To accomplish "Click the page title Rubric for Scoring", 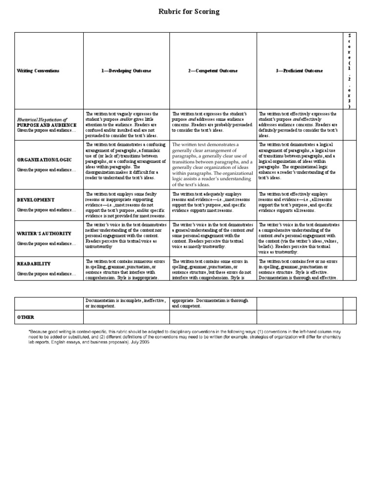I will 188,12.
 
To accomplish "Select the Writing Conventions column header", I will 38,71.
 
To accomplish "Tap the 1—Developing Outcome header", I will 126,71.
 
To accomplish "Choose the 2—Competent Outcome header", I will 213,71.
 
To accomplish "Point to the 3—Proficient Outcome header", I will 299,71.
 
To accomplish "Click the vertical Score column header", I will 349,71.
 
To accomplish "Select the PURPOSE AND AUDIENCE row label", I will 47,125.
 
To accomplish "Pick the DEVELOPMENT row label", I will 36,200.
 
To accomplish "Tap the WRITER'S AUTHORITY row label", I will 44,233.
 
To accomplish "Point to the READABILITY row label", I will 34,264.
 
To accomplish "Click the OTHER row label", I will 26,318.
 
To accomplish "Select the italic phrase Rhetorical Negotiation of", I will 42,119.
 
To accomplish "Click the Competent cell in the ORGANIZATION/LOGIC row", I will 213,165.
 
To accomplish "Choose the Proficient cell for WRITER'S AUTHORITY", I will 299,238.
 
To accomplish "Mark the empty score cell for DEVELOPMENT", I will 349,205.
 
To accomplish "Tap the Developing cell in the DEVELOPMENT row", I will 126,205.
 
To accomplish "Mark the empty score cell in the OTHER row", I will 349,318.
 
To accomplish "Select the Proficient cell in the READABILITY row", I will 299,269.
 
